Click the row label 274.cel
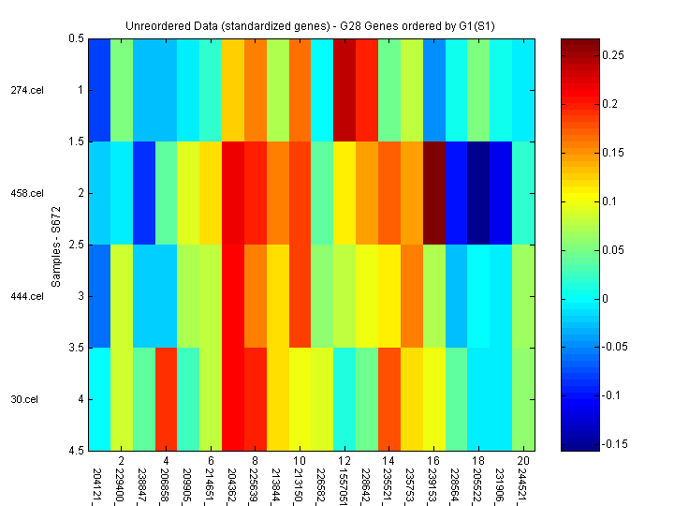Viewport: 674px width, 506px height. tap(27, 90)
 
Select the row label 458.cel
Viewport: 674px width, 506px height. tap(27, 193)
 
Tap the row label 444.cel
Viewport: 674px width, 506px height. tap(27, 296)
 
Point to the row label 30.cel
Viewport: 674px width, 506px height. tap(24, 399)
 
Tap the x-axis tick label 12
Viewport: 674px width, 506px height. tap(344, 461)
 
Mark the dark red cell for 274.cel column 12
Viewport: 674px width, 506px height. tap(344, 90)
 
